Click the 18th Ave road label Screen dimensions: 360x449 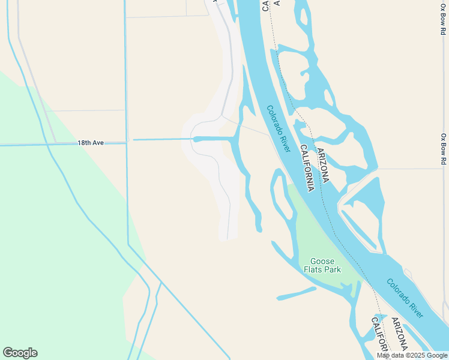point(91,143)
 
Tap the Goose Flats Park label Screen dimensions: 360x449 point(325,265)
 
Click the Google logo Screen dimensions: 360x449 point(20,353)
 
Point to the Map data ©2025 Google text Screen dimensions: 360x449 point(412,355)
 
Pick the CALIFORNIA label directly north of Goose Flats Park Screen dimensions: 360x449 point(307,168)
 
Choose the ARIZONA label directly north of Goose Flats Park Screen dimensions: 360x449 point(322,165)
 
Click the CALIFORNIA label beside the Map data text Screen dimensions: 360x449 point(378,336)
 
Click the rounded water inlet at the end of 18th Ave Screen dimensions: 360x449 point(197,139)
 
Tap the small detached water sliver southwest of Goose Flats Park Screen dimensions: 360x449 point(296,293)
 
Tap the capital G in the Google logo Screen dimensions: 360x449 point(8,353)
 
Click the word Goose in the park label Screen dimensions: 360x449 point(322,261)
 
